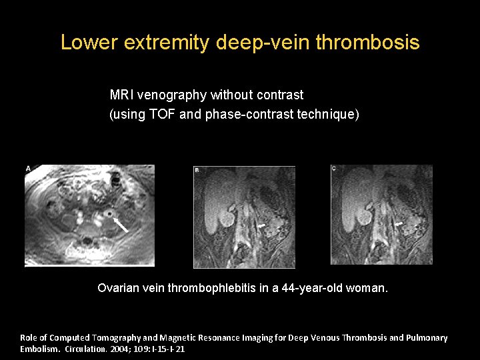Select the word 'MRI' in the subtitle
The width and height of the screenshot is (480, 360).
coord(121,95)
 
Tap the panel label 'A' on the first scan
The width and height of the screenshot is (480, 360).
coord(28,169)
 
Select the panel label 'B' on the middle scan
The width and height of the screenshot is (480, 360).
coord(197,171)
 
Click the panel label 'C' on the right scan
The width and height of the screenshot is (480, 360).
coord(334,169)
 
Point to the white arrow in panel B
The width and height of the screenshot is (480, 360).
coord(262,227)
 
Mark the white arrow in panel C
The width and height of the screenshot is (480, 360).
coord(399,225)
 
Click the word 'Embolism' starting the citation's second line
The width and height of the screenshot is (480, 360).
coord(39,349)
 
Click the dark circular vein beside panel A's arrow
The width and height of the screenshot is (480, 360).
coord(107,214)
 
